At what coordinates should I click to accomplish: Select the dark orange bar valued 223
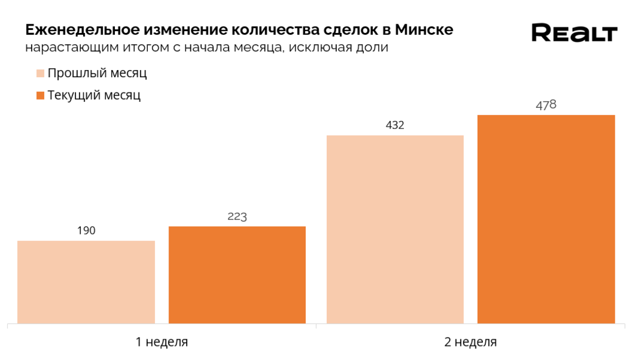pos(237,275)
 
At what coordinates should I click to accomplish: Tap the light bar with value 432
pos(395,229)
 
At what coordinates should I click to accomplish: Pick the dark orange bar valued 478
pos(546,219)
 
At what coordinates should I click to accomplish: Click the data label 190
pos(86,230)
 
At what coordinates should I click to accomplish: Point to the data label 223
pos(237,216)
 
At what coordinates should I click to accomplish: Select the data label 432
pos(395,125)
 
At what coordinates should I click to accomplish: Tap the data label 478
pos(546,105)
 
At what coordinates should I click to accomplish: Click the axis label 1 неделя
pos(161,342)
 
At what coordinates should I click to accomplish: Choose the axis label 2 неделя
pos(470,342)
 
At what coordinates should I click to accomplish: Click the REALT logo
pos(574,33)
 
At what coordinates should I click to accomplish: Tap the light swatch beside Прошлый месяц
pos(40,74)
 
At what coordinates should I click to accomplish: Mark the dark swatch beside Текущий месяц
pos(40,95)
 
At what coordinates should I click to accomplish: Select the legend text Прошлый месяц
pos(97,74)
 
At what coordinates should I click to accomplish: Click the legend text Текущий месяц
pos(94,95)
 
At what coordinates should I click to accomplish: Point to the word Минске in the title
pos(424,29)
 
